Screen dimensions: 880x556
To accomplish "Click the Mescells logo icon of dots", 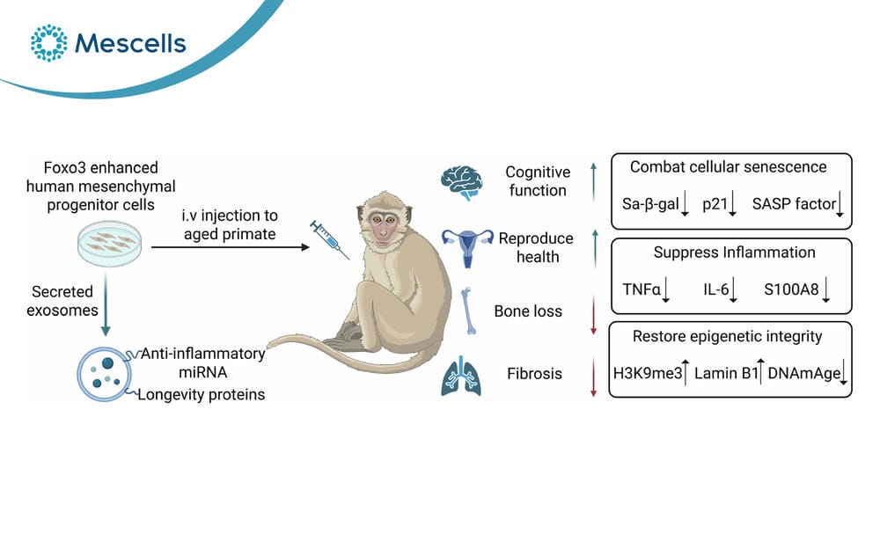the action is click(48, 42).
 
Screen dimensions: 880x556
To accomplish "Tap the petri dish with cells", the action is click(109, 244).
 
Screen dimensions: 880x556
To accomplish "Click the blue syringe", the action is click(329, 239).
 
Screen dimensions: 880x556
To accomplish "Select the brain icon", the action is click(461, 183).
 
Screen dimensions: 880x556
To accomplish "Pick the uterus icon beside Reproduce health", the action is click(467, 247).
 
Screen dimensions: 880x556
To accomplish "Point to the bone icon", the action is click(469, 311).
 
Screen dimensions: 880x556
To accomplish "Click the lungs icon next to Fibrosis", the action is click(461, 376).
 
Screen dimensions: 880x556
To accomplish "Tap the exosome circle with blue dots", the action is click(105, 374).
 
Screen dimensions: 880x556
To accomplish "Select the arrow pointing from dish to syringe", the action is click(231, 247).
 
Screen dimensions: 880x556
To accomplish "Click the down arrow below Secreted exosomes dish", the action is click(106, 304).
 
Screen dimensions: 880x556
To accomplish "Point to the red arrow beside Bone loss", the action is click(594, 315).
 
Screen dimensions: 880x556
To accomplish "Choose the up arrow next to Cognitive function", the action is click(594, 182).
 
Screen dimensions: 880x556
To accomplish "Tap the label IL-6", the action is click(716, 289).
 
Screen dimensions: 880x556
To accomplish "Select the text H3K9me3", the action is click(648, 374).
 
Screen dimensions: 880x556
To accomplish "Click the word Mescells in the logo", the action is click(130, 43).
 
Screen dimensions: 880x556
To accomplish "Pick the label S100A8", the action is click(791, 289).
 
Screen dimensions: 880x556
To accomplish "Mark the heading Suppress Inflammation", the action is click(734, 253).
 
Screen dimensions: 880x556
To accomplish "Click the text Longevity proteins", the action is click(202, 395).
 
